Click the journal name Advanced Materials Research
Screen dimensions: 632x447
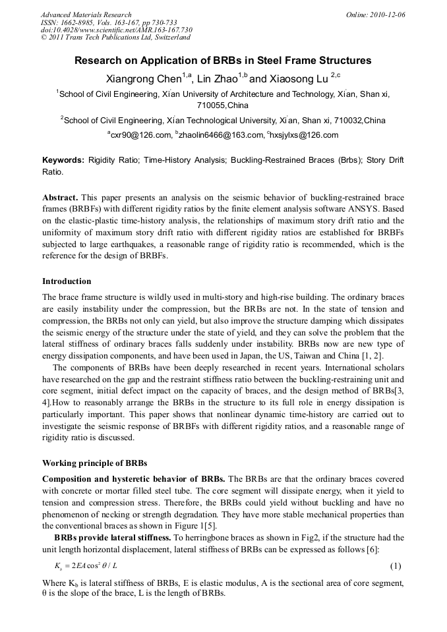(x=86, y=14)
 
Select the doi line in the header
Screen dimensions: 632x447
(x=116, y=30)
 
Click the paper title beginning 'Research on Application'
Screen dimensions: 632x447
(x=223, y=61)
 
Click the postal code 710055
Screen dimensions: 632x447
(x=210, y=105)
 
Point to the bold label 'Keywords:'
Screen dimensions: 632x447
(x=63, y=160)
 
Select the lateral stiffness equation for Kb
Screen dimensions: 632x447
(x=86, y=566)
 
